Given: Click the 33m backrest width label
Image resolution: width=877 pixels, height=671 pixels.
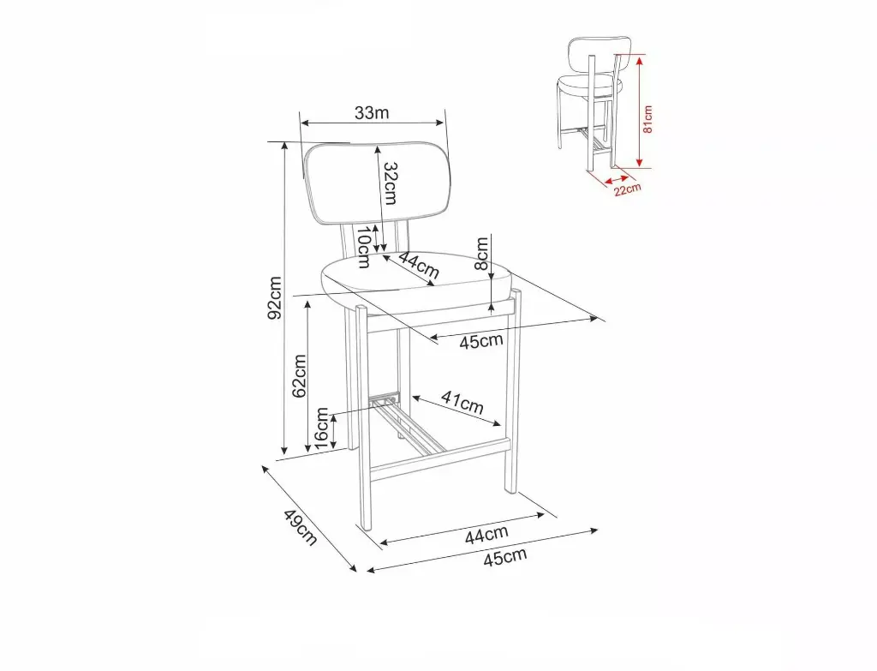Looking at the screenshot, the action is pyautogui.click(x=372, y=113).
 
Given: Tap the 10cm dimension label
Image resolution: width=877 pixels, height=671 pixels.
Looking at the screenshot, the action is pyautogui.click(x=363, y=247).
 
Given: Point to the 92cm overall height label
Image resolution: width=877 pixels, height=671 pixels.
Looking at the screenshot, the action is pyautogui.click(x=275, y=297).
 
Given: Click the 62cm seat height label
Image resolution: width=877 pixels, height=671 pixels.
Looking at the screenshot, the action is pyautogui.click(x=299, y=376).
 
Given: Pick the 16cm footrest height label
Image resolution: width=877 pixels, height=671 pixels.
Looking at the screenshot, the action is pyautogui.click(x=322, y=428).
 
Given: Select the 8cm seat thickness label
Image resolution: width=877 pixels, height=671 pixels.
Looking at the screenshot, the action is pyautogui.click(x=481, y=253).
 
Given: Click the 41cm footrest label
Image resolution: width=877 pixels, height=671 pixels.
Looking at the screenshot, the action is pyautogui.click(x=462, y=402).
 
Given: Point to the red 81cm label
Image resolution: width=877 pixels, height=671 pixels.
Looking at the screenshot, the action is pyautogui.click(x=647, y=119).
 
